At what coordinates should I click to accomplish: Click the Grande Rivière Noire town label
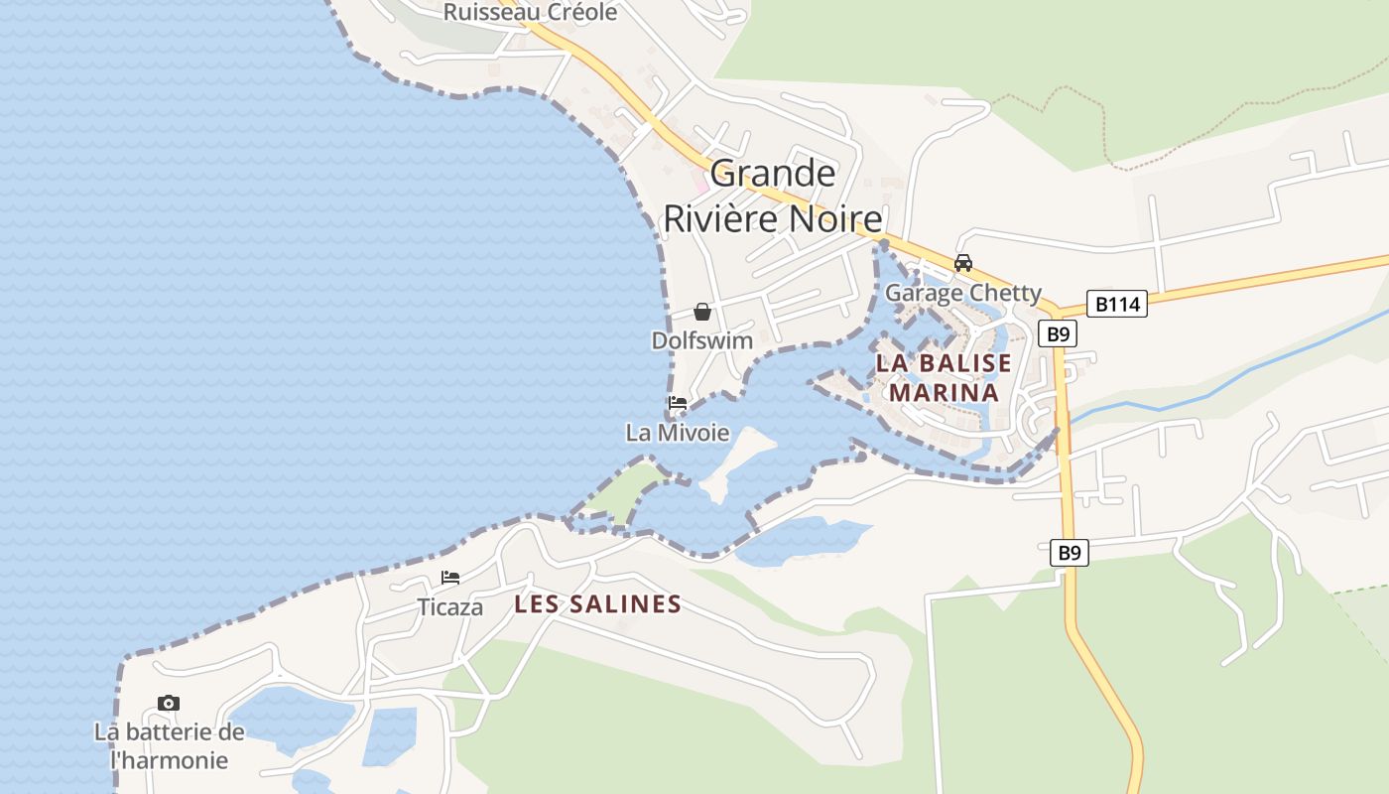[773, 196]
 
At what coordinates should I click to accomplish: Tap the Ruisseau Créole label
[530, 12]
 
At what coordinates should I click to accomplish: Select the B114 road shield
[1116, 304]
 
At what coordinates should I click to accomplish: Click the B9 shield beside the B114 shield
[1058, 333]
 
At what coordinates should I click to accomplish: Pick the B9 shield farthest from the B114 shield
[1069, 553]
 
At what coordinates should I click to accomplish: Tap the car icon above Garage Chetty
[962, 263]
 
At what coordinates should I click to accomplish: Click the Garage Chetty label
[962, 293]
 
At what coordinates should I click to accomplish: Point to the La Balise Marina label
[944, 377]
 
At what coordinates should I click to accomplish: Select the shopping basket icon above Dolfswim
[702, 312]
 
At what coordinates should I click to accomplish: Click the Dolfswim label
[702, 340]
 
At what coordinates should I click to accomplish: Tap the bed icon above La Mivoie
[678, 404]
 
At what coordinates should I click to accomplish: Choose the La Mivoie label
[678, 433]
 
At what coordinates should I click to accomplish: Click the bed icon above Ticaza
[450, 578]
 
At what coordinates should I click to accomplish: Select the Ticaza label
[450, 607]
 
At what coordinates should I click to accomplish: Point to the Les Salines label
[598, 604]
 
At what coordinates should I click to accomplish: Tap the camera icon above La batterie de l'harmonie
[169, 704]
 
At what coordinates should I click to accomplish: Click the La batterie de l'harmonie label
[169, 746]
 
